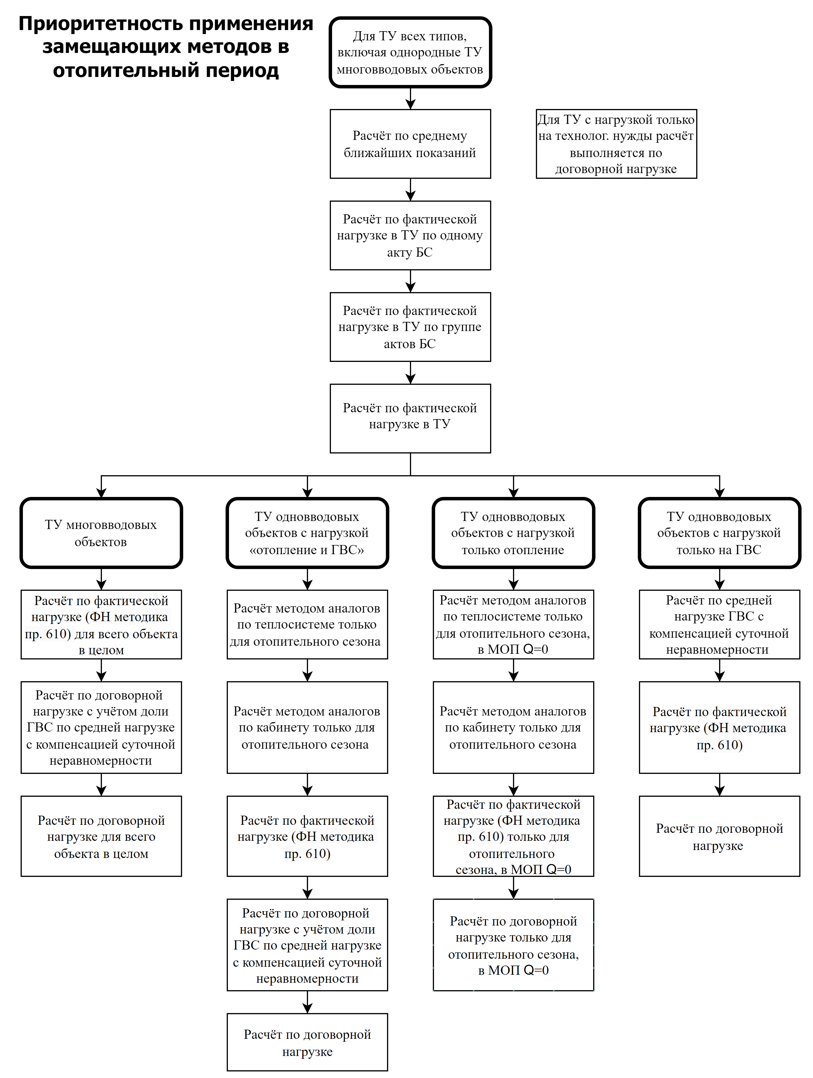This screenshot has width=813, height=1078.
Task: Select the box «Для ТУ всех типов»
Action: click(x=410, y=52)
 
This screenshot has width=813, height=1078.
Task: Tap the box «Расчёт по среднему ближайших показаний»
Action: click(x=410, y=144)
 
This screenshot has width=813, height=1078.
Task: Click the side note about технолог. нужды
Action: click(x=616, y=144)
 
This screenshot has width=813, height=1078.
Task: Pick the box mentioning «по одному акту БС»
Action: click(x=410, y=235)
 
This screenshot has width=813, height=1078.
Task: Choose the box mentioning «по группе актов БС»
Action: click(x=410, y=327)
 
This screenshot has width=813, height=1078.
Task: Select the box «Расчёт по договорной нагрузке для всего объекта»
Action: click(x=101, y=836)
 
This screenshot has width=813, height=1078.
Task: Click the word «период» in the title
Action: click(x=242, y=71)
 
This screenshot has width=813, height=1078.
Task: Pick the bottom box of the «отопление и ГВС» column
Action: click(x=307, y=1043)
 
